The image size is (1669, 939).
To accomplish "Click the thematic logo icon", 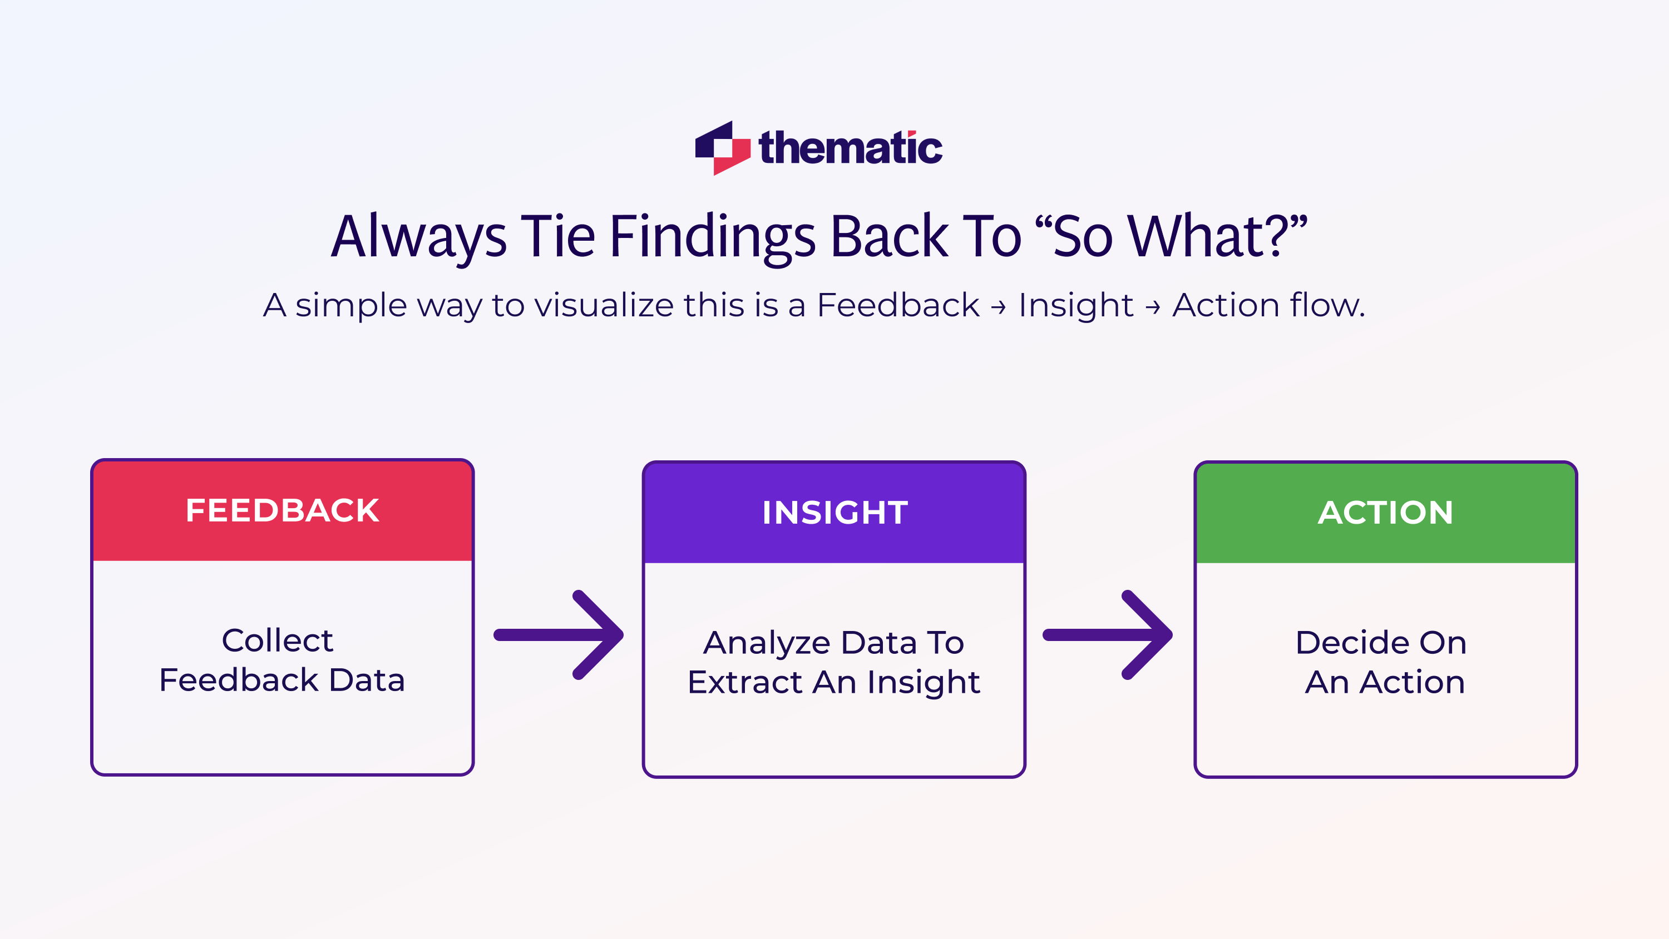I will pyautogui.click(x=722, y=148).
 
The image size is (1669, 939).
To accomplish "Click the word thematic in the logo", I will pyautogui.click(x=850, y=148).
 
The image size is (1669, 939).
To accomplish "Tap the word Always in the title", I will pyautogui.click(x=418, y=237).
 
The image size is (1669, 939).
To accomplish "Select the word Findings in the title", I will pyautogui.click(x=712, y=237).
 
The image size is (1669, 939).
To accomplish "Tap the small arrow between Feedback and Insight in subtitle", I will pyautogui.click(x=999, y=307).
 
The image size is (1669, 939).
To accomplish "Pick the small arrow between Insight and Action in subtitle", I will pyautogui.click(x=1153, y=307).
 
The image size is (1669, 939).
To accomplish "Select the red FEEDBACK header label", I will pyautogui.click(x=283, y=510).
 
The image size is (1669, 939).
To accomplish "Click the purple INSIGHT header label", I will pyautogui.click(x=834, y=513).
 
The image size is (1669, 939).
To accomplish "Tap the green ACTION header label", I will pyautogui.click(x=1385, y=513).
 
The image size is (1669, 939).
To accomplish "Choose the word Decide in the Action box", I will pyautogui.click(x=1351, y=643).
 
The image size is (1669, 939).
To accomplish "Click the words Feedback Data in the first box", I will pyautogui.click(x=282, y=680).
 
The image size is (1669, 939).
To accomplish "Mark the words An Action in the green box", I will pyautogui.click(x=1385, y=683).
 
